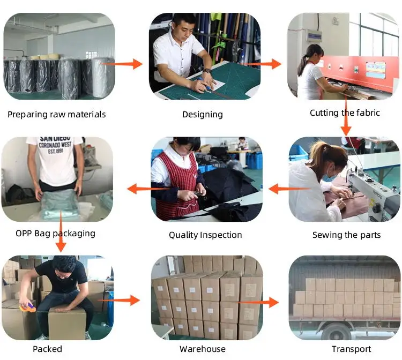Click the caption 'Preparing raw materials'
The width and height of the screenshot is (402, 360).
click(57, 114)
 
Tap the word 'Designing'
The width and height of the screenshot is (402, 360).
click(203, 114)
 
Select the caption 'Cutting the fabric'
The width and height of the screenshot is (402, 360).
click(345, 112)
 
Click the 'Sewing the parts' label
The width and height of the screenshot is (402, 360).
click(346, 235)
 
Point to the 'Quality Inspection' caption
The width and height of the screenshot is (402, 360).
click(205, 235)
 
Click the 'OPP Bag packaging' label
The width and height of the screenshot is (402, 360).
click(55, 234)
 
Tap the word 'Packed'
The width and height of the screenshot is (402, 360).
click(47, 349)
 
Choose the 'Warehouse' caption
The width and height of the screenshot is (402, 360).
click(203, 349)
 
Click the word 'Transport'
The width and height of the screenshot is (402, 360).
click(351, 349)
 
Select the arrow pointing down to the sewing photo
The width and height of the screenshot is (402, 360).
click(346, 115)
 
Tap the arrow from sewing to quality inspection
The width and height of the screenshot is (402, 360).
click(289, 189)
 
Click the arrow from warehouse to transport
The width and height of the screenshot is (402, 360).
click(258, 302)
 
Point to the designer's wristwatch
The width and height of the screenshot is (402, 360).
click(207, 71)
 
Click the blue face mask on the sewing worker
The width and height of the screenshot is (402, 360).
click(329, 177)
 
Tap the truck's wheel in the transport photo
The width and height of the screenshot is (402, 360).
click(336, 331)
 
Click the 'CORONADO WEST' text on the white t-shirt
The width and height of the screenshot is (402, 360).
click(55, 145)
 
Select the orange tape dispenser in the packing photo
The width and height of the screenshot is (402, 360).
click(27, 306)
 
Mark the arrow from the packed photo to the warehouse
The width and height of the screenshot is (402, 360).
click(118, 301)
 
